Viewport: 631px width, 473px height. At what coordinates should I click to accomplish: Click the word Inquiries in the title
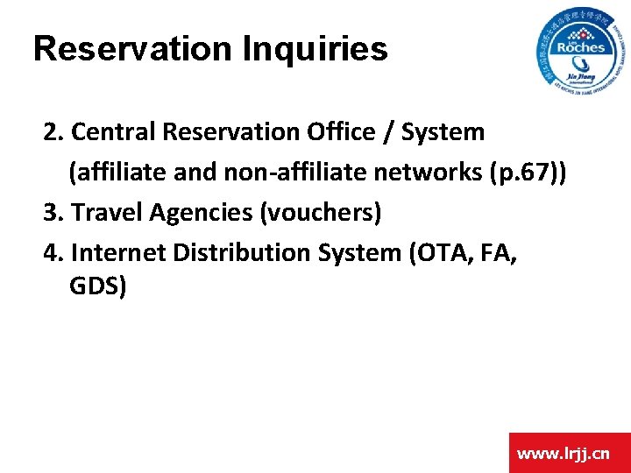[x=316, y=49]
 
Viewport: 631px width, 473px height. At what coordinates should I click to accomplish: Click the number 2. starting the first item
[x=53, y=132]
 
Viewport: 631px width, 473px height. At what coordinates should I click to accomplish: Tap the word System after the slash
[x=443, y=132]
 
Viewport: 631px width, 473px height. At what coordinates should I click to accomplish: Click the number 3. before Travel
[x=53, y=213]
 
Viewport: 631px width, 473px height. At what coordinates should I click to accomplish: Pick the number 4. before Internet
[x=53, y=253]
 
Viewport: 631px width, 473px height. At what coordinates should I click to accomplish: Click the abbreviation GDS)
[x=97, y=286]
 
